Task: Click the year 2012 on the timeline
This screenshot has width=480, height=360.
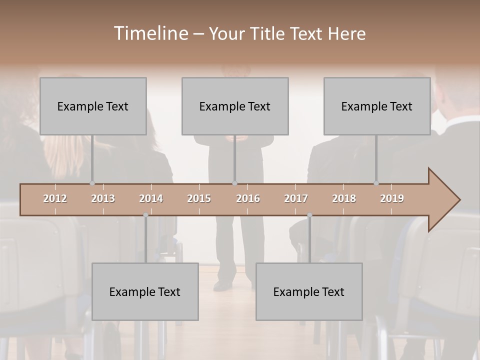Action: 55,198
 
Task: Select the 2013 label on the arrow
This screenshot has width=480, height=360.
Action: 103,198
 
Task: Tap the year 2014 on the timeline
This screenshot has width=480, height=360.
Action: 151,198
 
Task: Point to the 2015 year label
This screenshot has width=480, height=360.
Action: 199,198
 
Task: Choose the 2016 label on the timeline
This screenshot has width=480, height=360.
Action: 248,198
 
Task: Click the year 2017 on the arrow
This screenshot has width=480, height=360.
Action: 296,198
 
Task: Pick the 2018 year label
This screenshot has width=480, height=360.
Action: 344,198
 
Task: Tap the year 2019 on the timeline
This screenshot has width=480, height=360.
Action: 392,198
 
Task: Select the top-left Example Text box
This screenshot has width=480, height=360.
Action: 93,106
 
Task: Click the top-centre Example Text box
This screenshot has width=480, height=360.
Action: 235,106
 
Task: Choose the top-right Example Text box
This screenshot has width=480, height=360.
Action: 377,106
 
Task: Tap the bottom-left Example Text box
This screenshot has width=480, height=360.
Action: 145,291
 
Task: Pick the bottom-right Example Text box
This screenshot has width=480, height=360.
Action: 309,291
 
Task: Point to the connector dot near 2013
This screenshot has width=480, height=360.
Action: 92,183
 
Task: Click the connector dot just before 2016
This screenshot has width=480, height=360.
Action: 234,183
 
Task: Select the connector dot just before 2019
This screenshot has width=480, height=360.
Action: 376,183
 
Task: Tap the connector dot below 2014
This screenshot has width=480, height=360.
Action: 145,215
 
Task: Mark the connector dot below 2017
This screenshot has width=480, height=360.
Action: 309,215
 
